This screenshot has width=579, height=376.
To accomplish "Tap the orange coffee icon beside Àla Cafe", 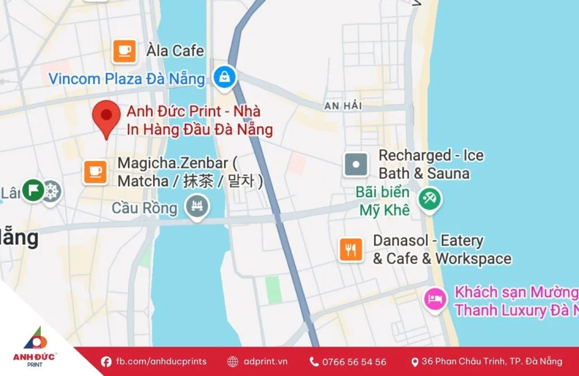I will coord(124,51).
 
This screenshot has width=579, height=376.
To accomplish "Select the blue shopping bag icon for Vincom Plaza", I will coord(224,77).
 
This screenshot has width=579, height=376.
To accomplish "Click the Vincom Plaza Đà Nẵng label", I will coord(127,79).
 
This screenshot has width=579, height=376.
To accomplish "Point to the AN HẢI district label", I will coord(344,106).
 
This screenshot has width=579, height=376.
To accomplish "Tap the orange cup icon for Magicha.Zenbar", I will coord(96,171).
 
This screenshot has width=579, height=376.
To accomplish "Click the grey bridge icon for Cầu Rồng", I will coord(198,206).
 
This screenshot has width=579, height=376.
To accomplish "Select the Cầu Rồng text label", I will coord(144,208).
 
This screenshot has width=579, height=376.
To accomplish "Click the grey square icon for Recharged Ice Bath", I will coord(356,165).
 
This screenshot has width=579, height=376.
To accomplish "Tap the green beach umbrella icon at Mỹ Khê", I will coord(430,198).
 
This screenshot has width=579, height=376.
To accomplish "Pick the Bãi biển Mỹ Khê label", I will coord(383,201).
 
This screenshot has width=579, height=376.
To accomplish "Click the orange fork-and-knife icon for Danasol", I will coord(351,249).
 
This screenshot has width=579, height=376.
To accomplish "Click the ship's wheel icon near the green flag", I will coord(51,191).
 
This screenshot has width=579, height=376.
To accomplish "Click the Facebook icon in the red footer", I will coord(106,361).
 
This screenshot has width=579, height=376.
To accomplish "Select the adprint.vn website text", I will coord(265,361).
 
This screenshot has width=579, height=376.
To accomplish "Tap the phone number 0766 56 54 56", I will coord(354,362).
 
